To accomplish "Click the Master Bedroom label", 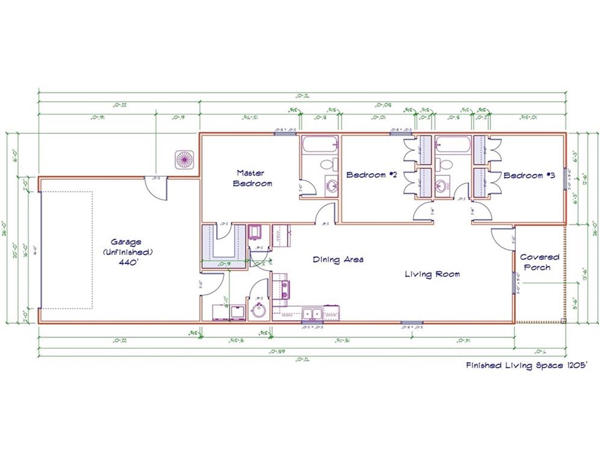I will point(252,177).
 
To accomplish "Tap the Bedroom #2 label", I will point(372,175).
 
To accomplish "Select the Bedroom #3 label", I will point(528,176).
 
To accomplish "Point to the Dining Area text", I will point(338,260).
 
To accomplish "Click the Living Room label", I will point(432,274).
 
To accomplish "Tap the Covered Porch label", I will point(539,262).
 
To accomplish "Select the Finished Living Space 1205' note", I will point(524,365).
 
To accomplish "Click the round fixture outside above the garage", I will point(183,159).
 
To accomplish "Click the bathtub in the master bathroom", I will point(320,145).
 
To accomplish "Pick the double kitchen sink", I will point(311,313).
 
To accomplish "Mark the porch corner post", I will point(564,321).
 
